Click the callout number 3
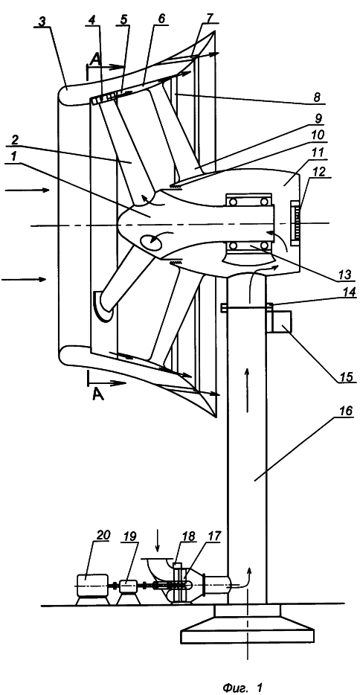(42, 22)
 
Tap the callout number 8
(318, 96)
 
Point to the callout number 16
(345, 411)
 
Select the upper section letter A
(93, 61)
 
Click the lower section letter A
(98, 394)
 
